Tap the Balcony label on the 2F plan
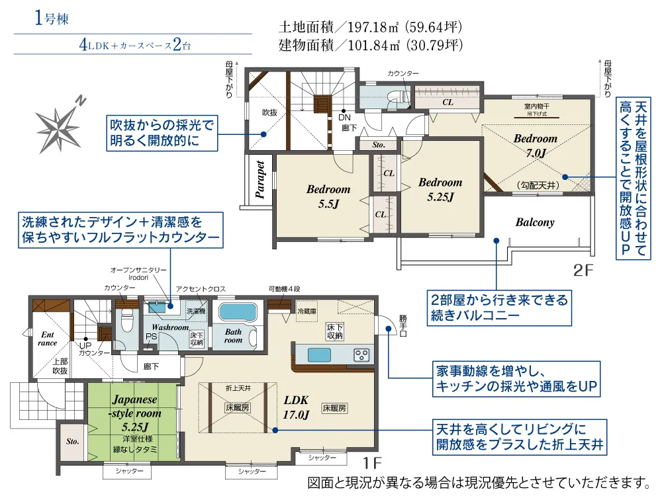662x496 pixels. [534, 222]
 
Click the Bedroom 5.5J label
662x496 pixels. [328, 196]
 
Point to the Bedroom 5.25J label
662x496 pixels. [440, 189]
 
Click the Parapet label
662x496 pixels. [260, 179]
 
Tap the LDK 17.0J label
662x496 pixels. [297, 407]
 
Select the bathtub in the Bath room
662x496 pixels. [240, 312]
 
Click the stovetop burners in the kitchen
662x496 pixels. [362, 354]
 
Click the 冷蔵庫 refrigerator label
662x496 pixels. [306, 311]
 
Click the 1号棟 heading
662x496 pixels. [51, 18]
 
